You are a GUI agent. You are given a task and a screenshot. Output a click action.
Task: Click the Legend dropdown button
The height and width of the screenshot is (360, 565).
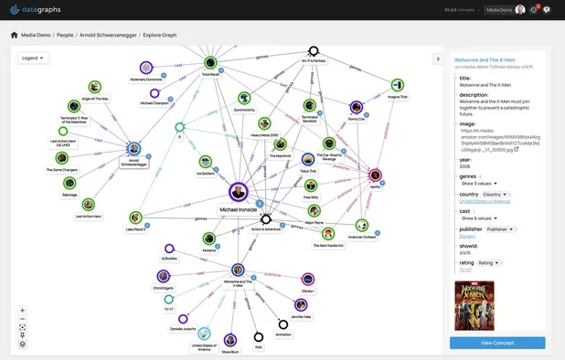(33, 58)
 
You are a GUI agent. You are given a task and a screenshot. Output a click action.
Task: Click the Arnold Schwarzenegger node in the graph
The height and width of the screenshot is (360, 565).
(133, 148)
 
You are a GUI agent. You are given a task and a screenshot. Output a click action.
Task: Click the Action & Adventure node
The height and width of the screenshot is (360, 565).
(266, 219)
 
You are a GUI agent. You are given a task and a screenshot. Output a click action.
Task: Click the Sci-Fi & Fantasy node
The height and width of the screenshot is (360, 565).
(314, 52)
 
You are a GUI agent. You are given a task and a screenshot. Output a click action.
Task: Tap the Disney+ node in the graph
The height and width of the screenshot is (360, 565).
(307, 279)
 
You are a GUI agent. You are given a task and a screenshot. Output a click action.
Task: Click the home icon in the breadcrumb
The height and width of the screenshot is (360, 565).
(14, 35)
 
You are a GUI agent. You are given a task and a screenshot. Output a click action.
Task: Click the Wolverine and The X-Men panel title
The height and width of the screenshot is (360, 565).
(482, 58)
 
